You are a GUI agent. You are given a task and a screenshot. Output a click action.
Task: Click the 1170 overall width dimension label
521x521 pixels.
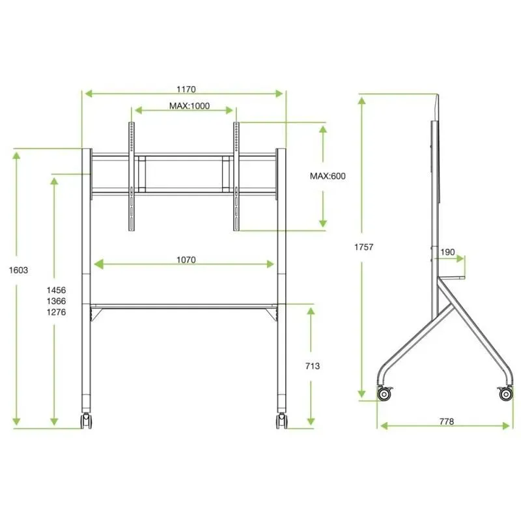click(186, 89)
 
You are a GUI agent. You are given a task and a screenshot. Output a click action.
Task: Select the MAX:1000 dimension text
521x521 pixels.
click(190, 106)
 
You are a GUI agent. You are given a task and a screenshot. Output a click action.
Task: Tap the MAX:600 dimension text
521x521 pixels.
click(327, 176)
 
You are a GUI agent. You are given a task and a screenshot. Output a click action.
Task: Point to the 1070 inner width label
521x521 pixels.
click(186, 260)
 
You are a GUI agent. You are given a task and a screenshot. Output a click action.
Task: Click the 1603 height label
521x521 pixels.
click(20, 270)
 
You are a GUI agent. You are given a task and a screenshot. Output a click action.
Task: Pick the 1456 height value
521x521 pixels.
click(56, 290)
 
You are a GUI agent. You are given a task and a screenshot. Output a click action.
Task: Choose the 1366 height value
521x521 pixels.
click(56, 301)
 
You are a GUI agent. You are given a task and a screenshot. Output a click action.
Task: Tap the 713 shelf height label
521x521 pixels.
click(311, 367)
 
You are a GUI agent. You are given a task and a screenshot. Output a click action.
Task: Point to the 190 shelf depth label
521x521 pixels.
click(448, 252)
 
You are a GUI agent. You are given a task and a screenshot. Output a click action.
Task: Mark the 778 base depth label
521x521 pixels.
click(446, 421)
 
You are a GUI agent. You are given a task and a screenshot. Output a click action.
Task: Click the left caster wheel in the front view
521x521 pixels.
click(85, 421)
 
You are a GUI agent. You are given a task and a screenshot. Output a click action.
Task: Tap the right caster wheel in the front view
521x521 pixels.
click(281, 421)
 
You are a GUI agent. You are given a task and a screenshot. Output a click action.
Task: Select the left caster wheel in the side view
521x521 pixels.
click(385, 393)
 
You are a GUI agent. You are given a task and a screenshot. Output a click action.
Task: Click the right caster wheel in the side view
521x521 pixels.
click(505, 393)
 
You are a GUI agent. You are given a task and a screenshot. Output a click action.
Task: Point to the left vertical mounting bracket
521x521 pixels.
click(132, 176)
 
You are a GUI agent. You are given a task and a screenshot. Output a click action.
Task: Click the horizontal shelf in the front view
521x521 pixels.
click(184, 305)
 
